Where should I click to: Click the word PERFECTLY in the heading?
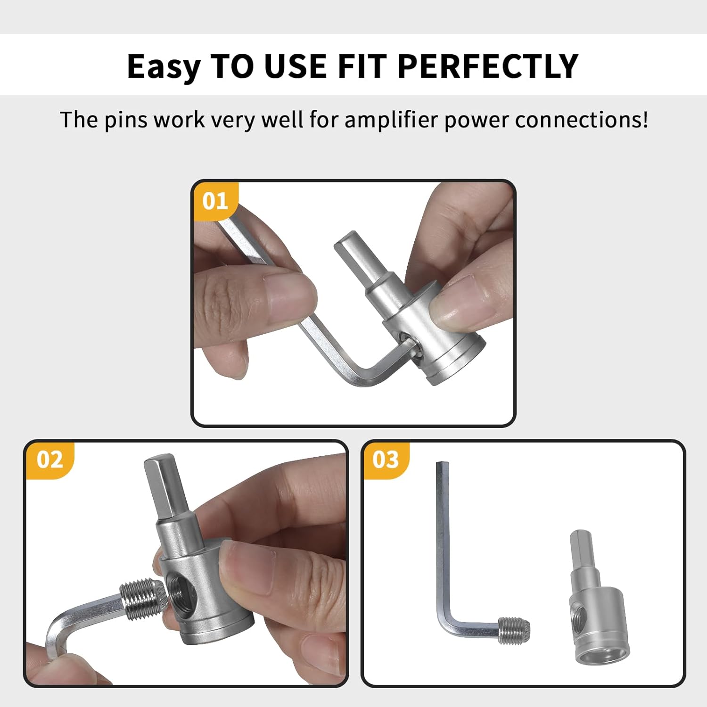point(487,66)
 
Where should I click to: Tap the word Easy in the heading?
point(164,66)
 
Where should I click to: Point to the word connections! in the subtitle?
point(581,120)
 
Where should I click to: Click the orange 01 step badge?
point(215,201)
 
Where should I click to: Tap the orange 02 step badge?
point(49,460)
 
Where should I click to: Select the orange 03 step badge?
point(385,460)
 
